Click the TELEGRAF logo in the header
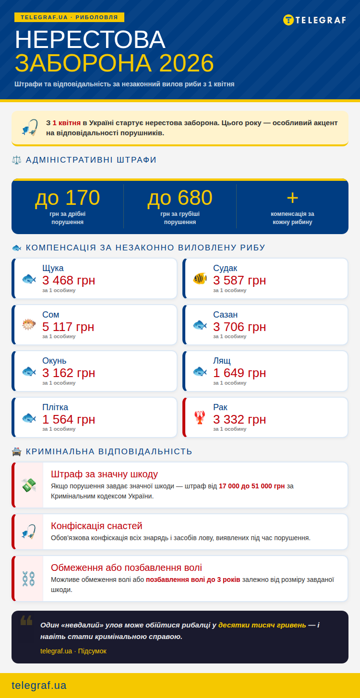coord(314,20)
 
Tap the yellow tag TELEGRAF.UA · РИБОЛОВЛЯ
coord(69,17)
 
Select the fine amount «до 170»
coord(68,198)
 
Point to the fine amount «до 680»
coord(180,198)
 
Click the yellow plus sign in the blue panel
coord(292,198)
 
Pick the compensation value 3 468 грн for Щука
coord(69,280)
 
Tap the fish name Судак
coord(225,268)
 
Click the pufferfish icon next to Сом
coord(29,325)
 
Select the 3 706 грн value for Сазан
coord(240,327)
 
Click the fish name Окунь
coord(54,361)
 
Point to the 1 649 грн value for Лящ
coord(240,373)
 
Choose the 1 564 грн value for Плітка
coord(69,419)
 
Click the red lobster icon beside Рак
coord(200,417)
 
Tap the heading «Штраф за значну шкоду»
coord(104,474)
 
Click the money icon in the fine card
coord(29,485)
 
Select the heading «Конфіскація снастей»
coord(96,526)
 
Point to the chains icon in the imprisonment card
coord(29,579)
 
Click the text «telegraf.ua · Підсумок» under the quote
coord(73,651)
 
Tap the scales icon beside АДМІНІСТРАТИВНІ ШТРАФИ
coord(17,160)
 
